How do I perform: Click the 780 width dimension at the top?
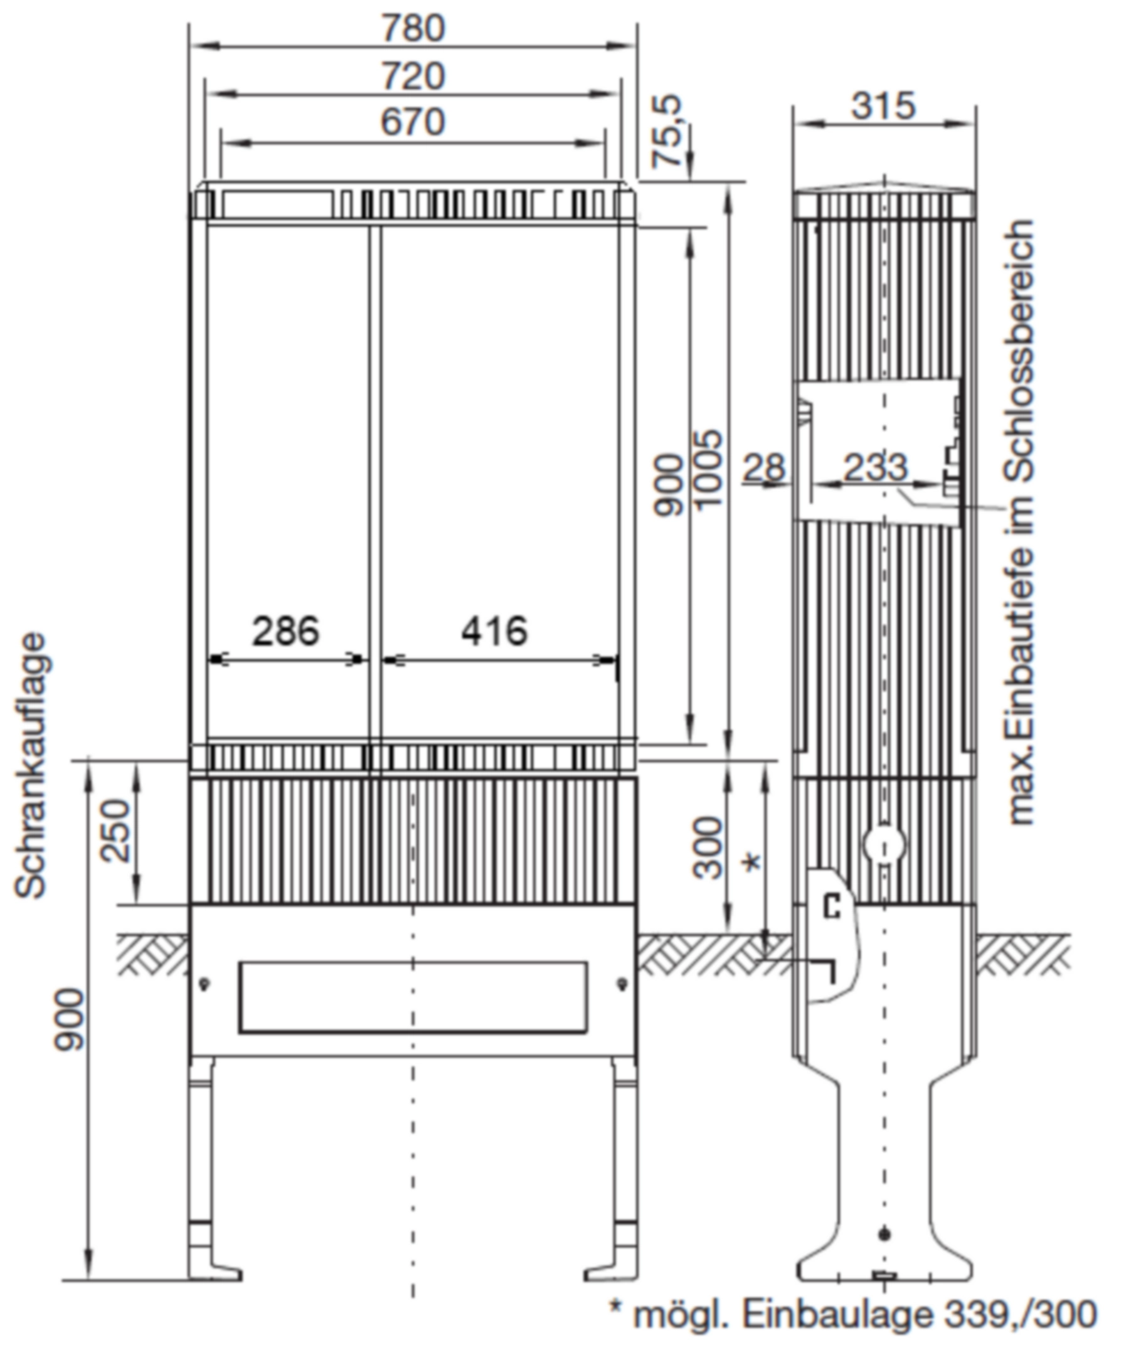click(x=413, y=28)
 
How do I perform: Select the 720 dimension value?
click(x=413, y=76)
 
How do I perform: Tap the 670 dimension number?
click(x=413, y=122)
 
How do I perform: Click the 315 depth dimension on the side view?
click(x=883, y=106)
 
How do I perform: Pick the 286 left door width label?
click(x=285, y=631)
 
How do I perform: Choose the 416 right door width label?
click(x=494, y=631)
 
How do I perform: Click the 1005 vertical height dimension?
click(x=708, y=469)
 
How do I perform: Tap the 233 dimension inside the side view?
click(x=876, y=467)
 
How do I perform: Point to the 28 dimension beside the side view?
click(x=765, y=467)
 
